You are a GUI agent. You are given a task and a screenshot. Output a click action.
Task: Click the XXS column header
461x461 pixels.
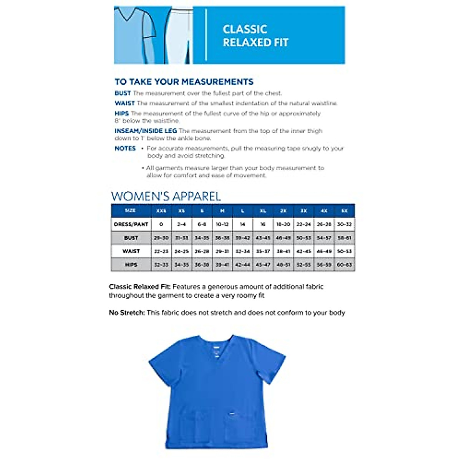161,211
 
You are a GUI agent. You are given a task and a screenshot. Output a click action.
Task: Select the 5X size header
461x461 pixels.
344,211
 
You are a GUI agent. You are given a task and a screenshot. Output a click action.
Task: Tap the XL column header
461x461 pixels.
263,211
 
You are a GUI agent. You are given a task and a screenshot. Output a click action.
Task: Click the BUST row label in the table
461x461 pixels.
131,238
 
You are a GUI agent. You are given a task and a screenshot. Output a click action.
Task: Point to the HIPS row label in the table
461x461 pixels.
131,265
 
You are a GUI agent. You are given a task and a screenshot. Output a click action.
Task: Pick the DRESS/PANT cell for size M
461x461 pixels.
222,224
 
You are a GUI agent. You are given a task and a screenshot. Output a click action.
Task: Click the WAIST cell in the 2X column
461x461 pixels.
283,251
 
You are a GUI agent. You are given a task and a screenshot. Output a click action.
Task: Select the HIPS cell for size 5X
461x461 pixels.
344,265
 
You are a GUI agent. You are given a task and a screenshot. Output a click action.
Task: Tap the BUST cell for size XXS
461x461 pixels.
161,238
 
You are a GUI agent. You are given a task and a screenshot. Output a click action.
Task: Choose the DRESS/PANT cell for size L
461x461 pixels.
242,224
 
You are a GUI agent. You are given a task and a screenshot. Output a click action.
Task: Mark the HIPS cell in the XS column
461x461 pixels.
182,265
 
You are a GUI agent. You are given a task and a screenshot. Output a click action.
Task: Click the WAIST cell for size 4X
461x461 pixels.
324,251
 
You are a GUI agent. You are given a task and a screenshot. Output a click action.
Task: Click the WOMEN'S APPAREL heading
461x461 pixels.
166,196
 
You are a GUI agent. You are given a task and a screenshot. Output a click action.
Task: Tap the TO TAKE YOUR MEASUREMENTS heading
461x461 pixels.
184,82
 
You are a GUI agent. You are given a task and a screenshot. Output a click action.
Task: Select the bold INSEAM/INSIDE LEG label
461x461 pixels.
146,131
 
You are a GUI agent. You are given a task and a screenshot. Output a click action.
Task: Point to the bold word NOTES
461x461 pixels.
125,148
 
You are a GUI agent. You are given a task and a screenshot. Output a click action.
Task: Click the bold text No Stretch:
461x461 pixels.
127,313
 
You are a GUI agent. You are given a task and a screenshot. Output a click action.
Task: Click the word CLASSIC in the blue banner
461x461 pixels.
245,30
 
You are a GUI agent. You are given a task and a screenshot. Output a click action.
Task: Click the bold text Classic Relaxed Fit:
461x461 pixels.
140,287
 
